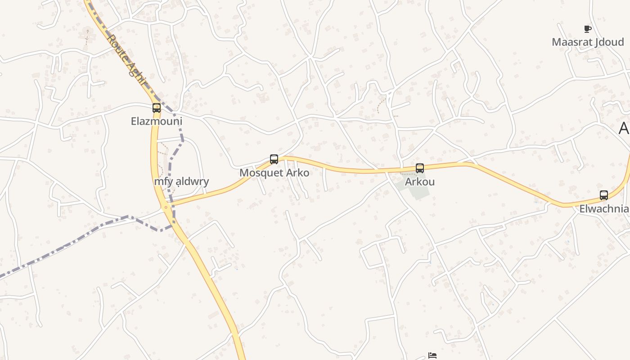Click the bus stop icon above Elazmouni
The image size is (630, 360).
click(157, 108)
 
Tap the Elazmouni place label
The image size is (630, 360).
click(157, 121)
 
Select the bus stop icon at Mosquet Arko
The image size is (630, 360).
click(274, 159)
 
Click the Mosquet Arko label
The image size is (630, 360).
click(274, 173)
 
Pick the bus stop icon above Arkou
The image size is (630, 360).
click(420, 168)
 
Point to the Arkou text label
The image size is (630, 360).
click(420, 182)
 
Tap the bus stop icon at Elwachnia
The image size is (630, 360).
click(604, 195)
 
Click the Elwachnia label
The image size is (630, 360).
click(604, 209)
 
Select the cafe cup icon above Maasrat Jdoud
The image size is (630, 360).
click(587, 29)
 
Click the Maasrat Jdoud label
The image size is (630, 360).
click(588, 42)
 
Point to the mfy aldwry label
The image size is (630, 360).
click(181, 182)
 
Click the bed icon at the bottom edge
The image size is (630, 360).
click(432, 355)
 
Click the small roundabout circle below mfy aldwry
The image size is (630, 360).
click(166, 207)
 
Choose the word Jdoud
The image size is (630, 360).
click(609, 42)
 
